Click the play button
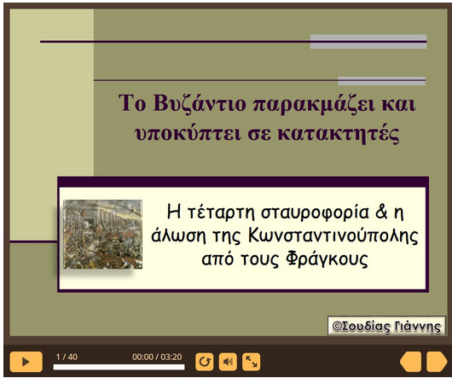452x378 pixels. [26, 361]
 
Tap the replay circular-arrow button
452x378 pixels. [205, 362]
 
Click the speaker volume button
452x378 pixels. [228, 362]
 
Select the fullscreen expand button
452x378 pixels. [251, 362]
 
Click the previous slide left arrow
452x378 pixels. [410, 362]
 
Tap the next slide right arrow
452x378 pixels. [437, 362]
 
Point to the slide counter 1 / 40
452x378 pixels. [67, 357]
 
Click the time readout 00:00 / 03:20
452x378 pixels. [157, 357]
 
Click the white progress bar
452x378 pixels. [119, 367]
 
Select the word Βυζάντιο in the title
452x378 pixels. [200, 104]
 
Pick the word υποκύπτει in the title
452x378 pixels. [188, 134]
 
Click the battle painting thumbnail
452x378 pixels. [102, 234]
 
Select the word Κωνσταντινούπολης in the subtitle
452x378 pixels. [333, 236]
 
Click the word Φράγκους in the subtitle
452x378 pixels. [327, 259]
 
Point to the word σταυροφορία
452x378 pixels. [315, 212]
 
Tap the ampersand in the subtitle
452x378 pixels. [381, 211]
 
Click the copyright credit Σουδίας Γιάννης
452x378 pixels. [386, 327]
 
